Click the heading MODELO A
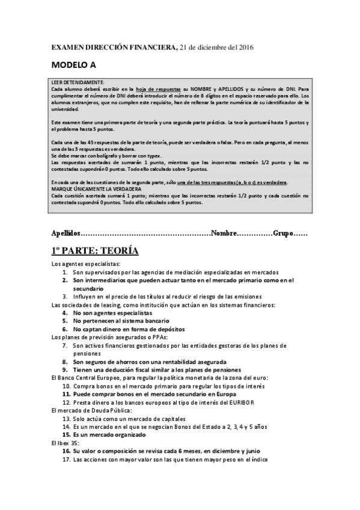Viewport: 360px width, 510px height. pos(72,65)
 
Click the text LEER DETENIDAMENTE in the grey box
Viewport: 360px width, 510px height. pos(78,82)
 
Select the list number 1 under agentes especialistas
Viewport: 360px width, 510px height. pos(65,272)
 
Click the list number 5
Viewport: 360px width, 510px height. pos(65,321)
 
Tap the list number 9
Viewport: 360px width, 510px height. pos(65,370)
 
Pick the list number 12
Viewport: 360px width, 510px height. pos(67,402)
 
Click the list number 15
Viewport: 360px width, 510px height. pos(67,435)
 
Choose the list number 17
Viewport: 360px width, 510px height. pos(67,459)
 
